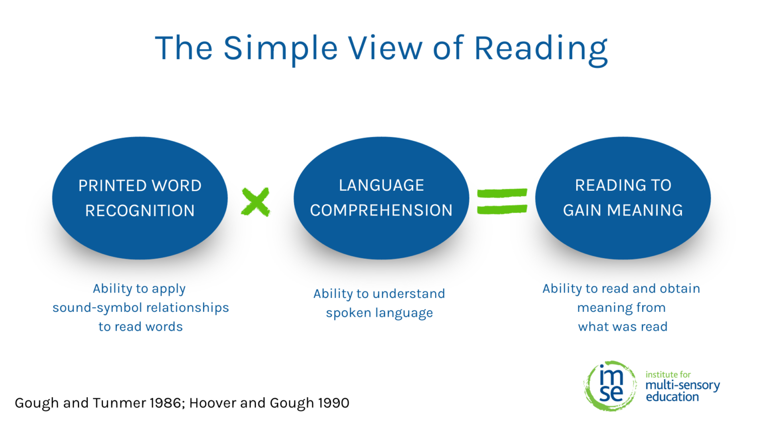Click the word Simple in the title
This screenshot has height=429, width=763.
(281, 49)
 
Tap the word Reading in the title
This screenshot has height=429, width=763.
(540, 49)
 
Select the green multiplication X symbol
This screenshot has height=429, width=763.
(255, 202)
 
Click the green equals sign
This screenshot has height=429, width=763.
(502, 201)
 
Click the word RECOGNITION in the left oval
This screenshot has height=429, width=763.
(140, 211)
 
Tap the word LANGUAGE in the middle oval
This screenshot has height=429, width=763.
(381, 185)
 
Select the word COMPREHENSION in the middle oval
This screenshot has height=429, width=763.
(381, 211)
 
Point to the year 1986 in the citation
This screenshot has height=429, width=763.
(165, 403)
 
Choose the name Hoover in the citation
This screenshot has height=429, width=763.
(213, 403)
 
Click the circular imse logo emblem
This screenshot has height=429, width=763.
(610, 386)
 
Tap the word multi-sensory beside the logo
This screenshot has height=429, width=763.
(683, 385)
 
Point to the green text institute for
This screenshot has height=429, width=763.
(668, 375)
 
